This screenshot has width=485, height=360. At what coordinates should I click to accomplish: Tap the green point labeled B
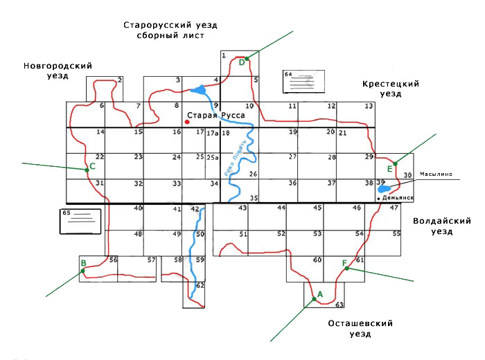click(83, 271)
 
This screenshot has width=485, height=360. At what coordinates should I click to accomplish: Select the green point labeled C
click(87, 169)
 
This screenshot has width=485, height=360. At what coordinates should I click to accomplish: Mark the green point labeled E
click(395, 163)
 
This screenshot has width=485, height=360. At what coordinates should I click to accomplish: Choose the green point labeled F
click(344, 269)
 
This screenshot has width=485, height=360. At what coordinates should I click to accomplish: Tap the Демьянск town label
click(396, 198)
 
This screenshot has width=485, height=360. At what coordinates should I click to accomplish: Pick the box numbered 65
click(80, 221)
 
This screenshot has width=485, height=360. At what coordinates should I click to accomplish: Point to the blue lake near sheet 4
click(199, 89)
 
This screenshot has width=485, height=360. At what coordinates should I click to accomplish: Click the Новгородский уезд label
click(58, 70)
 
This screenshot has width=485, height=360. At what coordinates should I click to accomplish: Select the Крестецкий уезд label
click(390, 88)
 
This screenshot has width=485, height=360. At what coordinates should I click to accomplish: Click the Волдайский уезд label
click(441, 226)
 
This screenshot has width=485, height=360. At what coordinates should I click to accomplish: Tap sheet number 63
click(339, 305)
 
